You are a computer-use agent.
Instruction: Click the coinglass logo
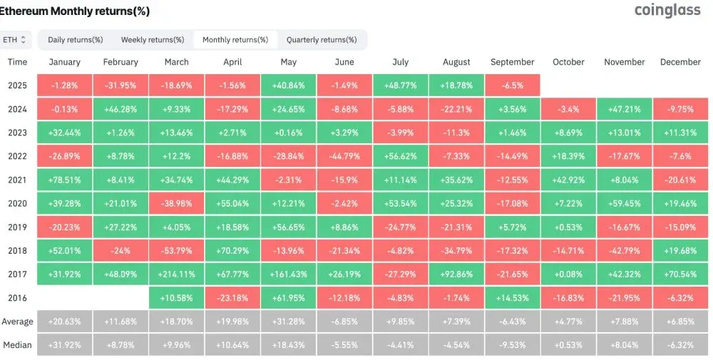(667, 10)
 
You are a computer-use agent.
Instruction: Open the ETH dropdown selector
(15, 39)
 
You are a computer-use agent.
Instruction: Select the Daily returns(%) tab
(76, 39)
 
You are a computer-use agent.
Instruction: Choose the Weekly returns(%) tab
(153, 39)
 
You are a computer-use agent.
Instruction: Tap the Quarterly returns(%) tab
(322, 39)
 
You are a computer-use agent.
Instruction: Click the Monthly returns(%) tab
(235, 39)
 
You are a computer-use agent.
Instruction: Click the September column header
(512, 62)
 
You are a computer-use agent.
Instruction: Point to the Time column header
(18, 62)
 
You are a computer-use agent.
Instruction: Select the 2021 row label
(18, 180)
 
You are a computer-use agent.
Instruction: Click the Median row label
(18, 345)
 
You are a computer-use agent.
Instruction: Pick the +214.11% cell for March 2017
(177, 274)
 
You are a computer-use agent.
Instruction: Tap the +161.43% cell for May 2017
(289, 274)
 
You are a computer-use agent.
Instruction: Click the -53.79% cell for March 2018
(177, 250)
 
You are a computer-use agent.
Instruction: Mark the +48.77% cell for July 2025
(401, 86)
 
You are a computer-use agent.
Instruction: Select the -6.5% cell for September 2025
(512, 86)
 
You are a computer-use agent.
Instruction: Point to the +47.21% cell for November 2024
(625, 109)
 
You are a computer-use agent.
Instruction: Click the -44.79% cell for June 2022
(344, 156)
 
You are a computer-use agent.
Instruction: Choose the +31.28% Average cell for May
(289, 322)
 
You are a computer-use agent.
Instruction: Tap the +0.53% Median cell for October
(568, 345)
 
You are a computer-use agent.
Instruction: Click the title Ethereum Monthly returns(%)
(75, 11)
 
